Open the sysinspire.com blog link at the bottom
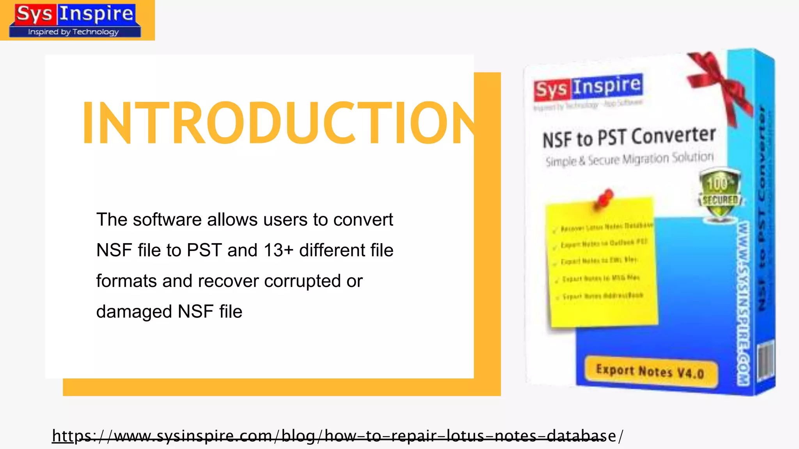[x=337, y=436]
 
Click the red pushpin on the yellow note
[x=604, y=198]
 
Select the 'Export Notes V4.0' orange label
[x=650, y=371]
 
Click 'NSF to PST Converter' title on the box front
[x=629, y=138]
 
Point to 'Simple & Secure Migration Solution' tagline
[x=629, y=159]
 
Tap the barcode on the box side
[x=765, y=361]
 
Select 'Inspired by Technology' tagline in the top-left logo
[x=73, y=32]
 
